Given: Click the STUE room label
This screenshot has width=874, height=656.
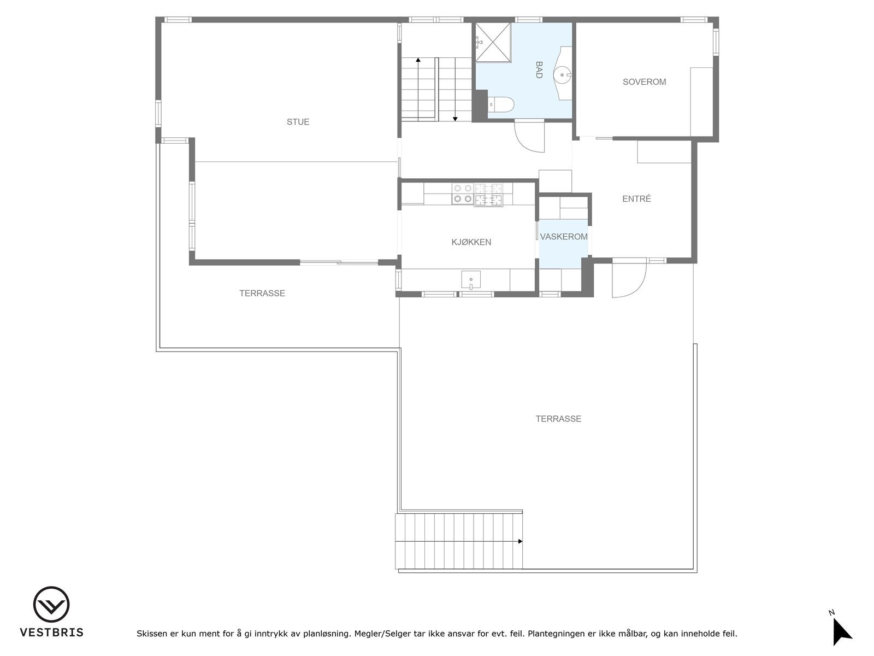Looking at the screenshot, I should tap(298, 122).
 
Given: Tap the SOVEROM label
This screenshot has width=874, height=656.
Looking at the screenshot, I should tap(644, 82).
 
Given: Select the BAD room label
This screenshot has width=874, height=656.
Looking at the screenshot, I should tap(539, 70).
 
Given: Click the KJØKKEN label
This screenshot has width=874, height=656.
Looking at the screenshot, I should tap(471, 242).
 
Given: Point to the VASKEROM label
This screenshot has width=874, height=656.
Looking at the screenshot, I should tap(564, 237).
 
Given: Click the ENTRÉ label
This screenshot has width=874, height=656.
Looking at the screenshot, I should tap(636, 199).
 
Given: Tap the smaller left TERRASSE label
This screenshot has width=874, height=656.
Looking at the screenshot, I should tap(262, 294).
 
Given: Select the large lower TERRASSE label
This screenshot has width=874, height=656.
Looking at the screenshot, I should tap(558, 419).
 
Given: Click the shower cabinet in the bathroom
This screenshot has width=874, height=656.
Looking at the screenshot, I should tap(493, 43).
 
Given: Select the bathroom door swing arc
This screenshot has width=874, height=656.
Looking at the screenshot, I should tap(529, 137).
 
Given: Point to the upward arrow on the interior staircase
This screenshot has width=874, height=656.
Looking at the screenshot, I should tap(418, 60).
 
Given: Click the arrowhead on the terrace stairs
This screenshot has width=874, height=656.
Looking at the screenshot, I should tap(520, 541).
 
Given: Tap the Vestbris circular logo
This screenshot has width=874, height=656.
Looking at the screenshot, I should tap(51, 605).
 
